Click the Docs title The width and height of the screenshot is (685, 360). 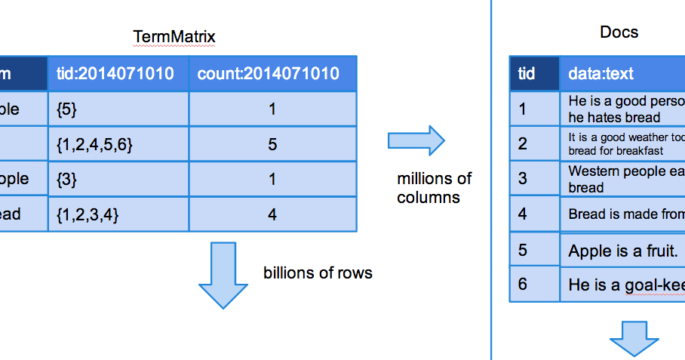tap(619, 32)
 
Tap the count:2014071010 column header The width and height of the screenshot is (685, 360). tap(272, 73)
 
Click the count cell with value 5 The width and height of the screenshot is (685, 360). tap(272, 144)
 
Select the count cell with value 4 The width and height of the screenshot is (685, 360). tap(272, 214)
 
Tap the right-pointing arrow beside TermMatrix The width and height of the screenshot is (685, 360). tap(416, 140)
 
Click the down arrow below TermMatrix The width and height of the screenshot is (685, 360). tap(223, 275)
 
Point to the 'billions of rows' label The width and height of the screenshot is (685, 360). tap(318, 272)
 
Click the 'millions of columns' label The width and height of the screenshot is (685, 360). tap(434, 188)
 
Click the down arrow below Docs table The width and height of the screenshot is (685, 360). tap(634, 337)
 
